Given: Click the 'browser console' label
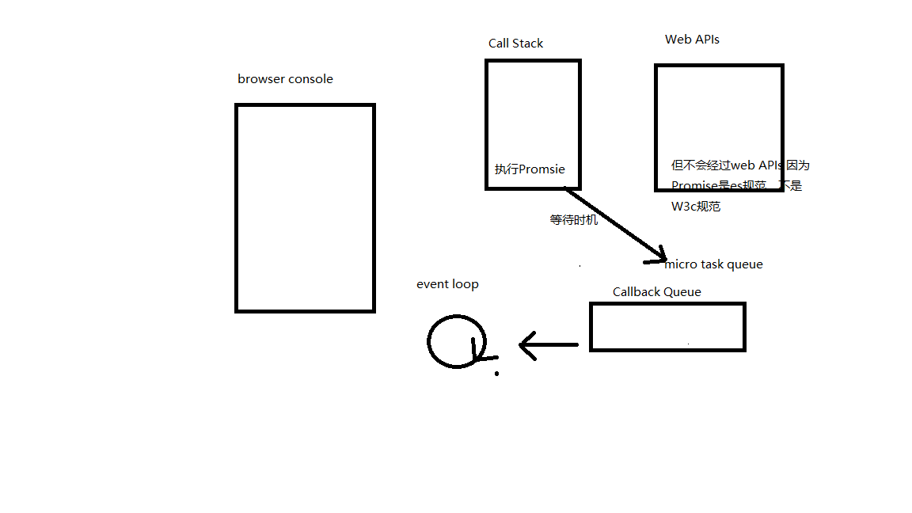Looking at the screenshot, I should pos(285,79).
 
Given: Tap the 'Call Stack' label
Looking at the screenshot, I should pos(515,44).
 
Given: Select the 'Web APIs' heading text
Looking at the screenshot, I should pos(692,40).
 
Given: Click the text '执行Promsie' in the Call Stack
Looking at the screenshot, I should pos(530,169).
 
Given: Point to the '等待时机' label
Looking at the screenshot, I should pos(574,220).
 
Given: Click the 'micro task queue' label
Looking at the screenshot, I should pos(713,264).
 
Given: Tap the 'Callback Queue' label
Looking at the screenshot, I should pos(656,292).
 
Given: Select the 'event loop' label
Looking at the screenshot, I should pos(447,284).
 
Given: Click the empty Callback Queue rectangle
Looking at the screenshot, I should pos(667,326).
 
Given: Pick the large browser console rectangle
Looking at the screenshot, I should pos(305,207).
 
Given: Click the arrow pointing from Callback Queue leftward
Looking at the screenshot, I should pos(549,345).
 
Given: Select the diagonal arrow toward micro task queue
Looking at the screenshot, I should pos(614,223).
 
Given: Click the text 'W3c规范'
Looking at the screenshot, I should pos(696,207).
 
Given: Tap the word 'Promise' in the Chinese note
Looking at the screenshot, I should pos(693,186).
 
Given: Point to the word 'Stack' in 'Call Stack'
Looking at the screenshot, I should pos(528,44).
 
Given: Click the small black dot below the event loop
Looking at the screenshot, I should pos(496,374).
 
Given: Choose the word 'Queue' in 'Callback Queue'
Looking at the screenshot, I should pos(682,292).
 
